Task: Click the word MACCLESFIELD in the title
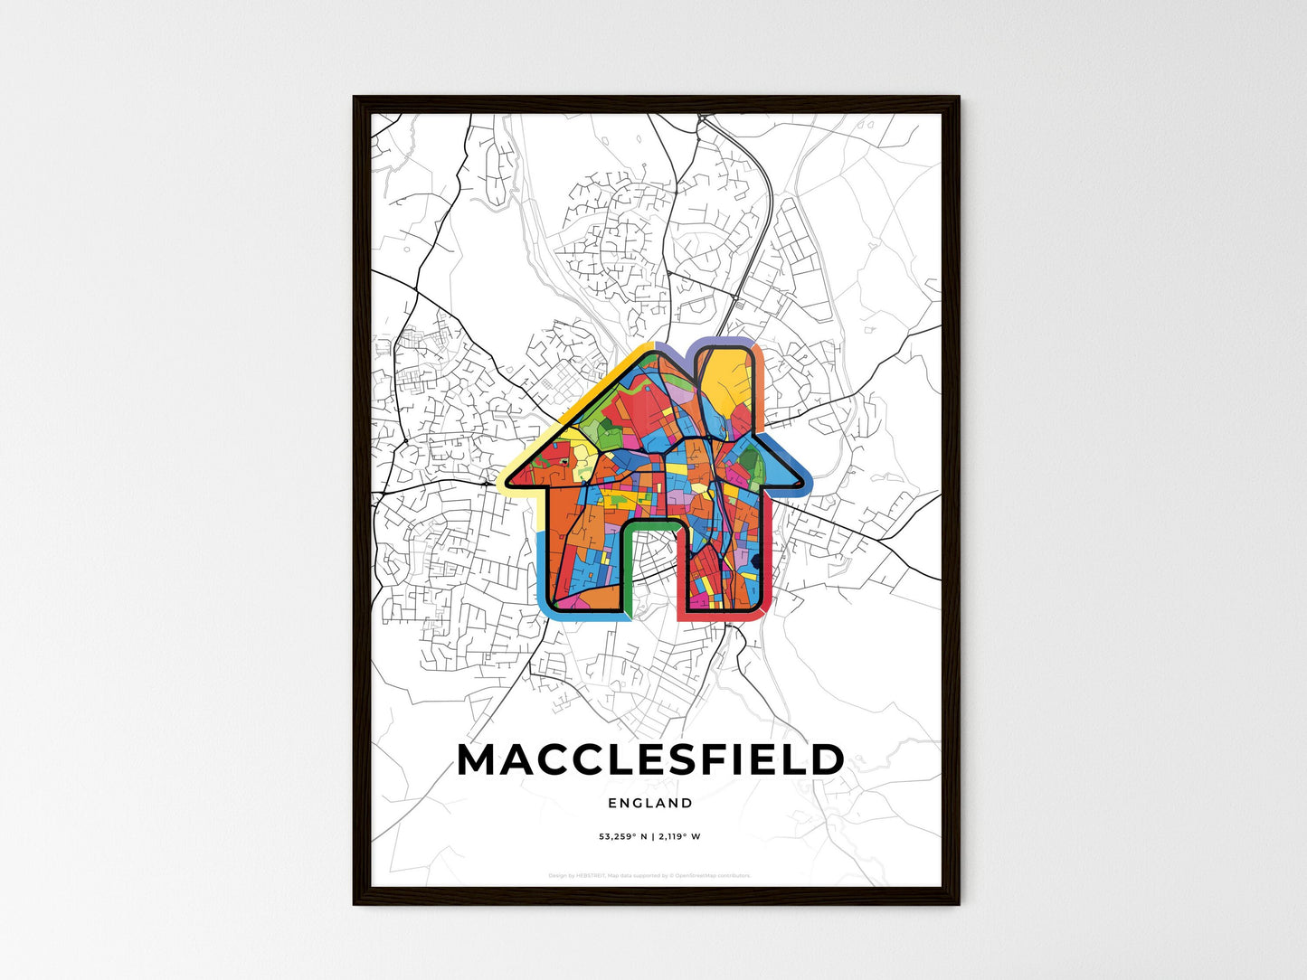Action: click(650, 761)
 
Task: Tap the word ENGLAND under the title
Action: click(650, 803)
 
